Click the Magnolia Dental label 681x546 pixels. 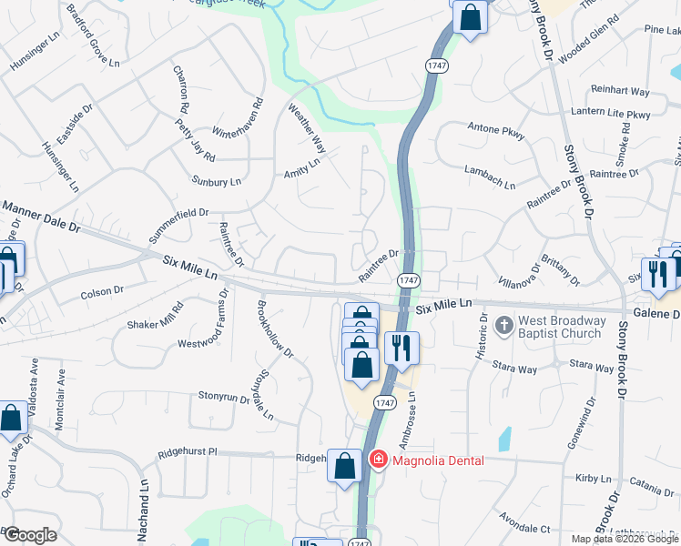point(438,460)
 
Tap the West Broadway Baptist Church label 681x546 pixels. point(562,327)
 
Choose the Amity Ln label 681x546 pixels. point(302,168)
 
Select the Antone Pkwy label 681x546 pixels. point(496,130)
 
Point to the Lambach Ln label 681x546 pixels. point(490,177)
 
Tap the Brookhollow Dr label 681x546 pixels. point(275,329)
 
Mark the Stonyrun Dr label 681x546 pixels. point(224,397)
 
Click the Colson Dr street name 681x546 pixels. point(101,292)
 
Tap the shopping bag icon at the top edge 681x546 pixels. point(469,18)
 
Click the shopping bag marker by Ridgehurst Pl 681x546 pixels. point(344,467)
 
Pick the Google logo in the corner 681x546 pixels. point(30,535)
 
